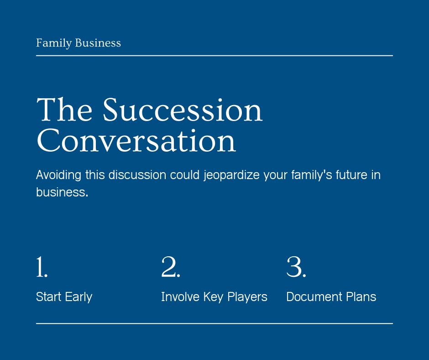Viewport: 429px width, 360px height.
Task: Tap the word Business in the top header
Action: pyautogui.click(x=98, y=43)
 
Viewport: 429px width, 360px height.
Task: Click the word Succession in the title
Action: pyautogui.click(x=183, y=110)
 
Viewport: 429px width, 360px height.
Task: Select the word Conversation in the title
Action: pyautogui.click(x=136, y=141)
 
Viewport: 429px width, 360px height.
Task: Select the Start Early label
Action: pyautogui.click(x=64, y=297)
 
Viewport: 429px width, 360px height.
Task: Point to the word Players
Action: pyautogui.click(x=247, y=297)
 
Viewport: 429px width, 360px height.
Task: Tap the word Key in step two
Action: pyautogui.click(x=213, y=297)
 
